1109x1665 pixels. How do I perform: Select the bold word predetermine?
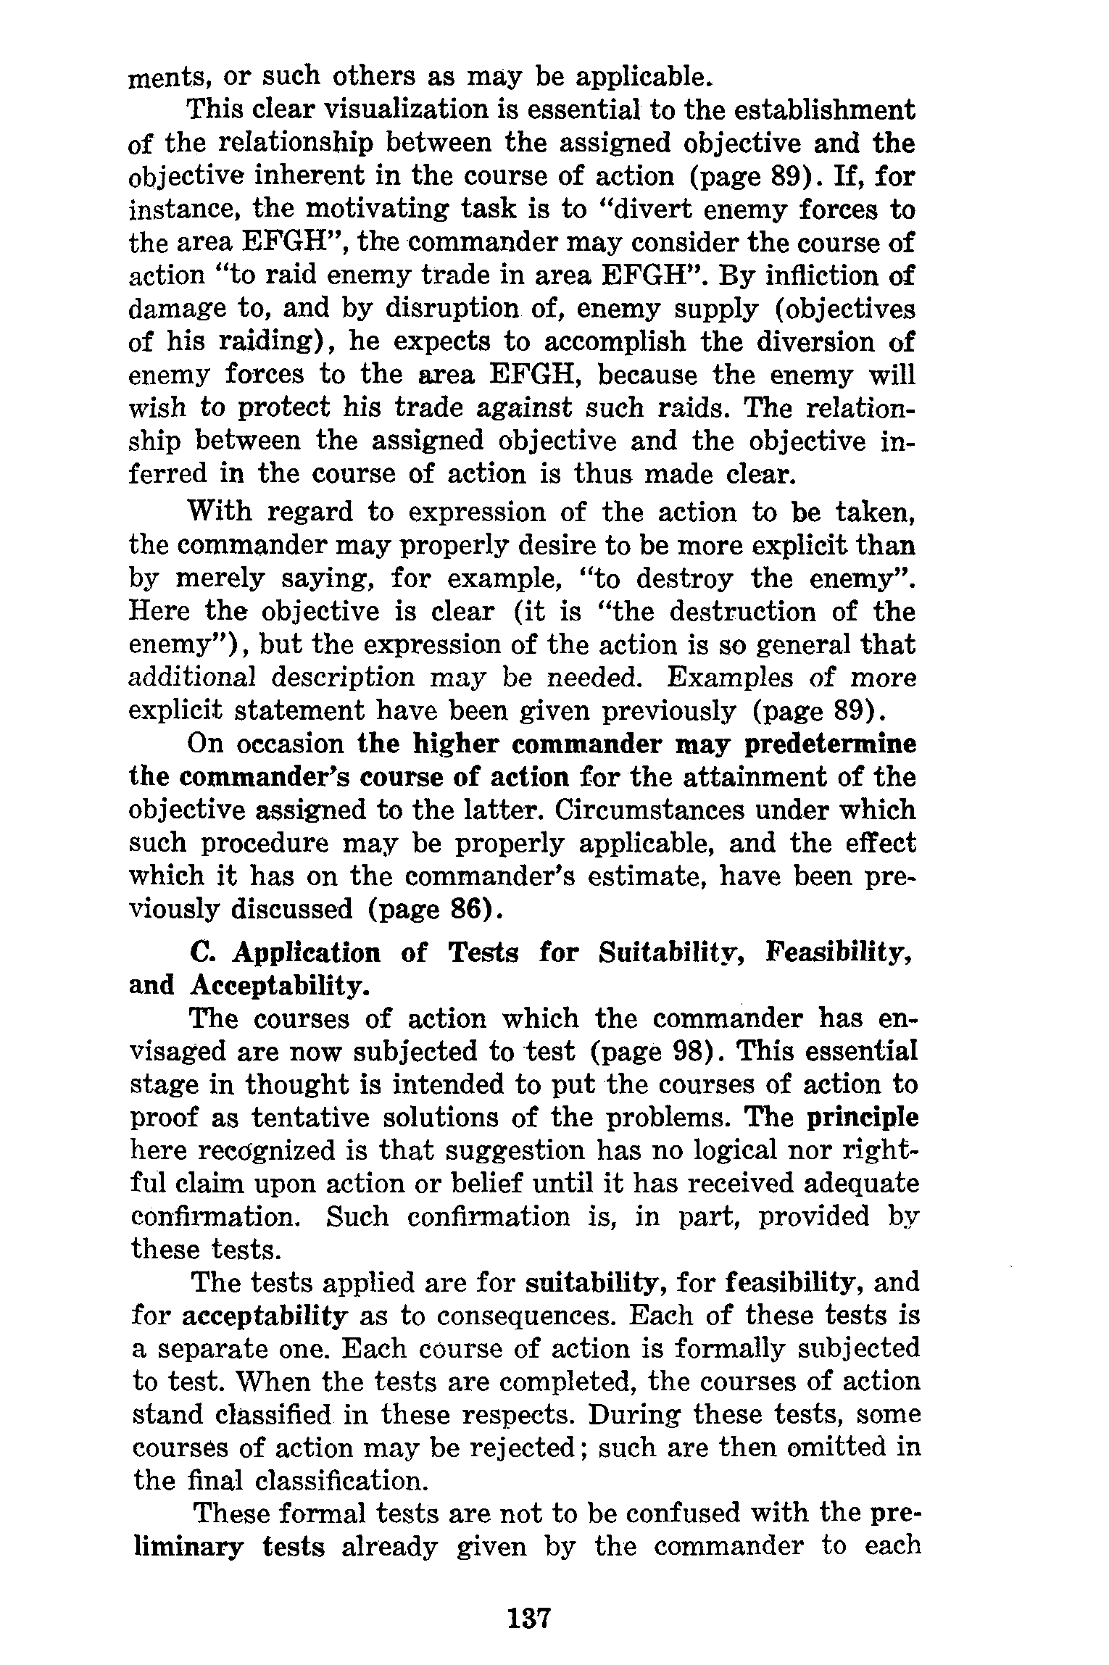[x=822, y=744]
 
